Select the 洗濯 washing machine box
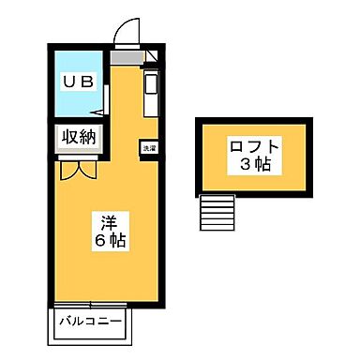click(x=149, y=147)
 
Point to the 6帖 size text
click(x=111, y=242)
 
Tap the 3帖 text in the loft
click(x=252, y=165)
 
